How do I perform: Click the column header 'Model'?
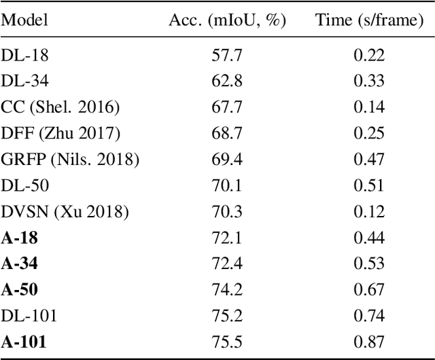24,20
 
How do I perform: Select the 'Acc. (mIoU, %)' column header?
227,20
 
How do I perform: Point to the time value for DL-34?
370,82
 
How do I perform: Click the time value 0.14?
370,107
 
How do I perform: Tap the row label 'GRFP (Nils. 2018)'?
70,159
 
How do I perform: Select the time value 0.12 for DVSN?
370,211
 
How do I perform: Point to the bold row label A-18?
16,237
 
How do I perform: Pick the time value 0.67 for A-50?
370,289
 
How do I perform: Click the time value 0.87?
370,340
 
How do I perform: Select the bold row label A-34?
16,263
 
